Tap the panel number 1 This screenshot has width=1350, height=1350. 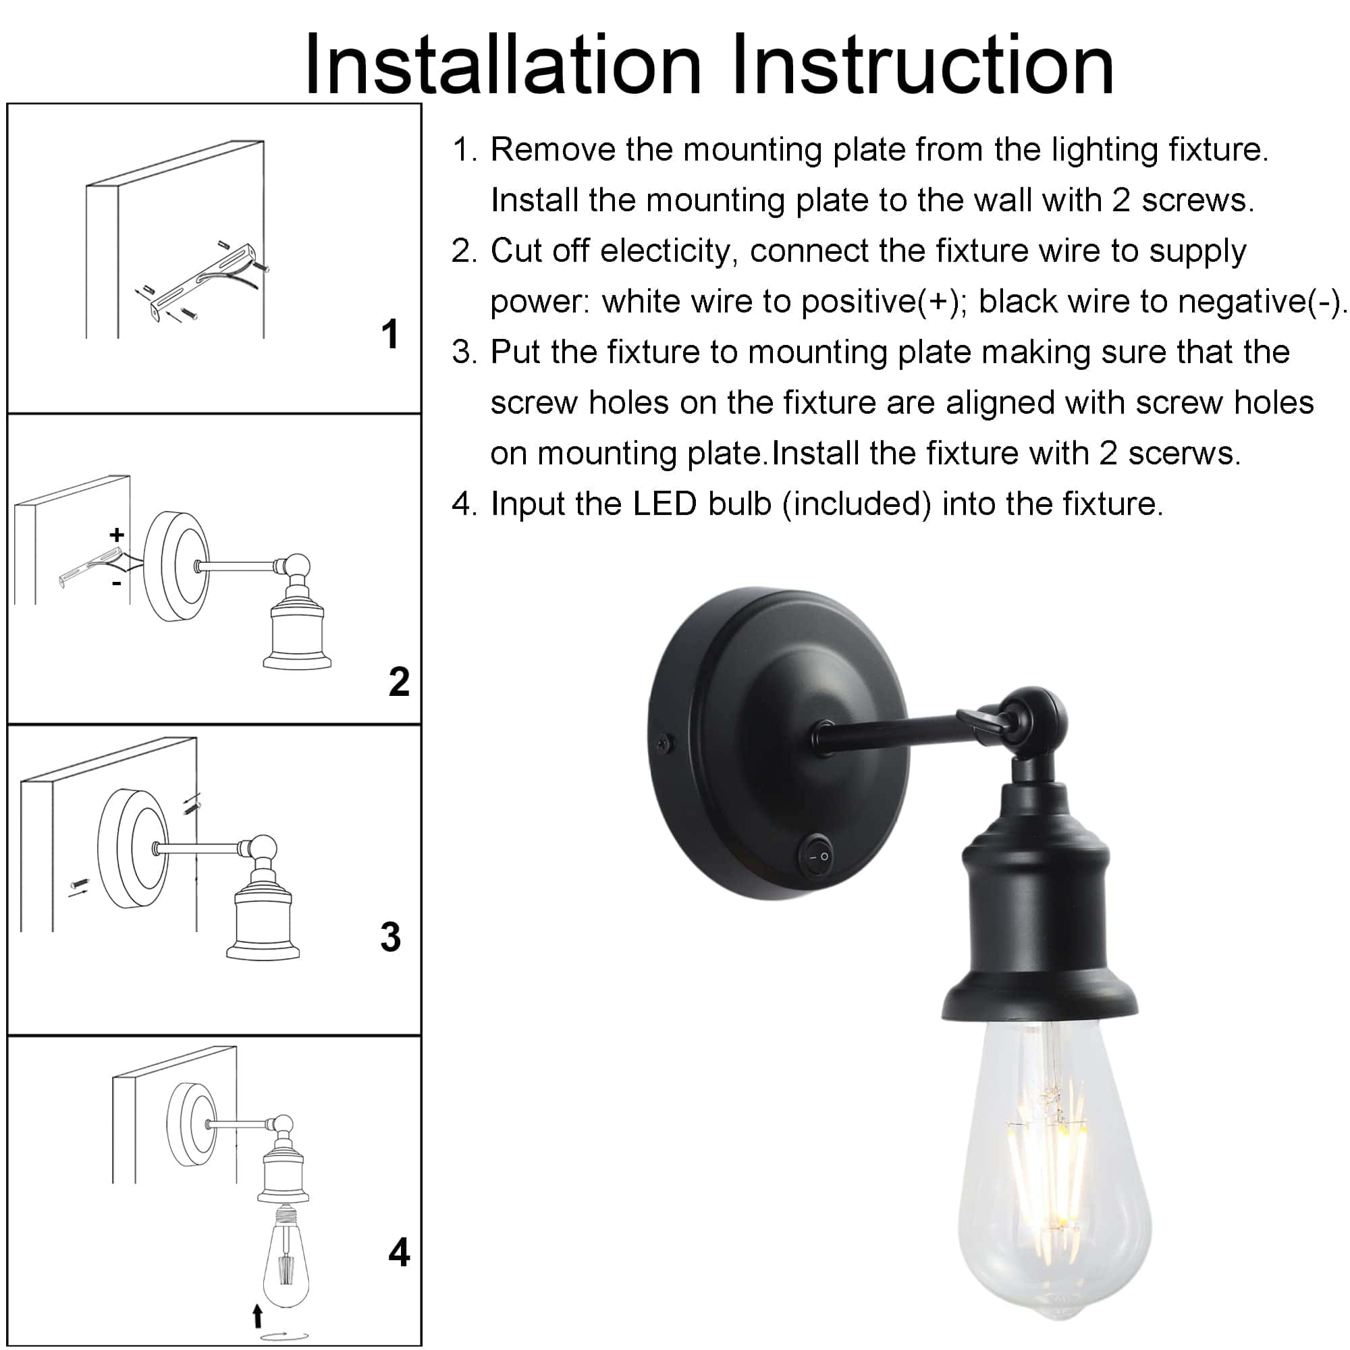click(390, 334)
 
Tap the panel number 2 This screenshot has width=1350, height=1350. click(399, 681)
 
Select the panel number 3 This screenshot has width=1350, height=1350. click(391, 937)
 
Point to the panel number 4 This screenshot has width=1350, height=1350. click(399, 1252)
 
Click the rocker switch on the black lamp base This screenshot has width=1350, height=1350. click(817, 855)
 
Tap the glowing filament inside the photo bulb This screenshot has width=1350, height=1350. click(1048, 1146)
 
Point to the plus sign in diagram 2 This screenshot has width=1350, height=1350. click(117, 535)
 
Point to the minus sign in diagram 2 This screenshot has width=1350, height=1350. click(117, 582)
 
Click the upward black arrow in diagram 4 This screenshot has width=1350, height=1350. click(257, 1315)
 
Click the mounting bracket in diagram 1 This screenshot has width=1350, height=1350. click(202, 279)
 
